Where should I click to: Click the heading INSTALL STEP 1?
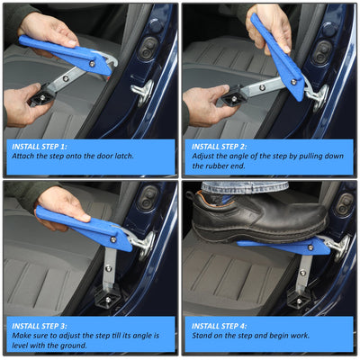[x=40, y=147]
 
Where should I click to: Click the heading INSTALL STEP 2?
[x=220, y=147]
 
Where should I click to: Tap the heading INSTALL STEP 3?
[x=40, y=326]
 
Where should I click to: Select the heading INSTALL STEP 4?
[x=220, y=326]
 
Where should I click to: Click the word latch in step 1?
[x=123, y=156]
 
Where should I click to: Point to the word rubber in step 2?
[x=217, y=166]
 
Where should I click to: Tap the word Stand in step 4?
[x=202, y=336]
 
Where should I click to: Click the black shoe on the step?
[x=258, y=218]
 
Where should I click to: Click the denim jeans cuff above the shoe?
[x=244, y=187]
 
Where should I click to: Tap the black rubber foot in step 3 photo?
[x=107, y=296]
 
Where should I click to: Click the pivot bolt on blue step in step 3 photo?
[x=113, y=239]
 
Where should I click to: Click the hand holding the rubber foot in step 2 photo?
[x=207, y=105]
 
